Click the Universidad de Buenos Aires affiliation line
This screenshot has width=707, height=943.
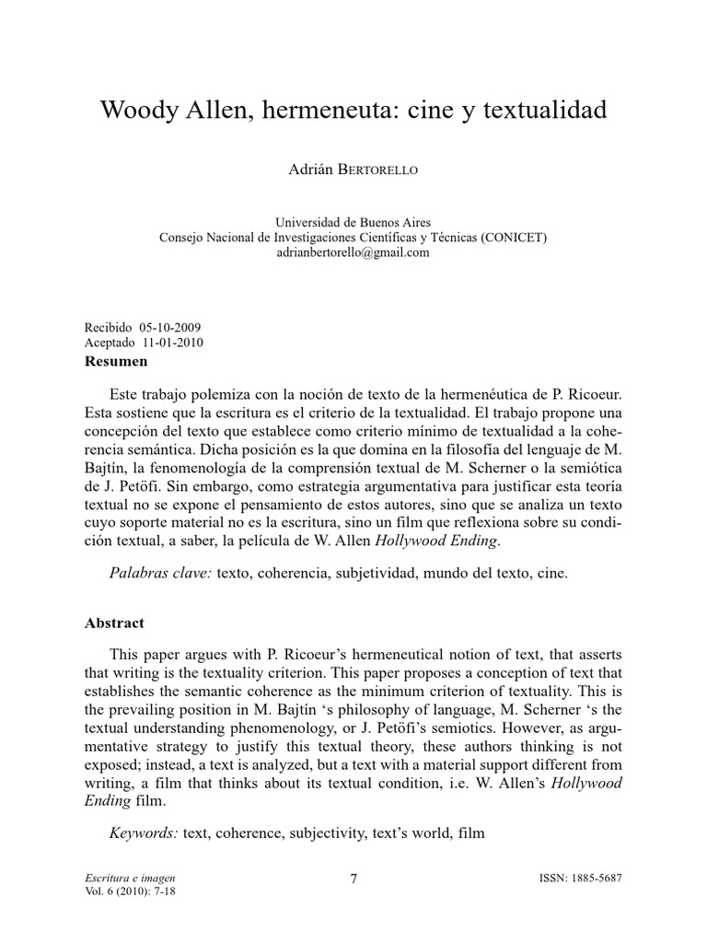(x=353, y=223)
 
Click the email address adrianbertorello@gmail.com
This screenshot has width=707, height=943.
(x=353, y=252)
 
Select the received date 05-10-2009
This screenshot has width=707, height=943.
(x=171, y=328)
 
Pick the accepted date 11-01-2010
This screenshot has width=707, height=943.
(x=173, y=343)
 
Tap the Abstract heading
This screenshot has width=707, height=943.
(x=114, y=623)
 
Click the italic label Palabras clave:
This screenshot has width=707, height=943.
(x=161, y=573)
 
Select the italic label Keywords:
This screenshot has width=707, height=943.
(x=144, y=833)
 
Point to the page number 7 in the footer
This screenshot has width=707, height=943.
(x=353, y=879)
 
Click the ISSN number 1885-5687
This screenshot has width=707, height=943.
(x=594, y=879)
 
